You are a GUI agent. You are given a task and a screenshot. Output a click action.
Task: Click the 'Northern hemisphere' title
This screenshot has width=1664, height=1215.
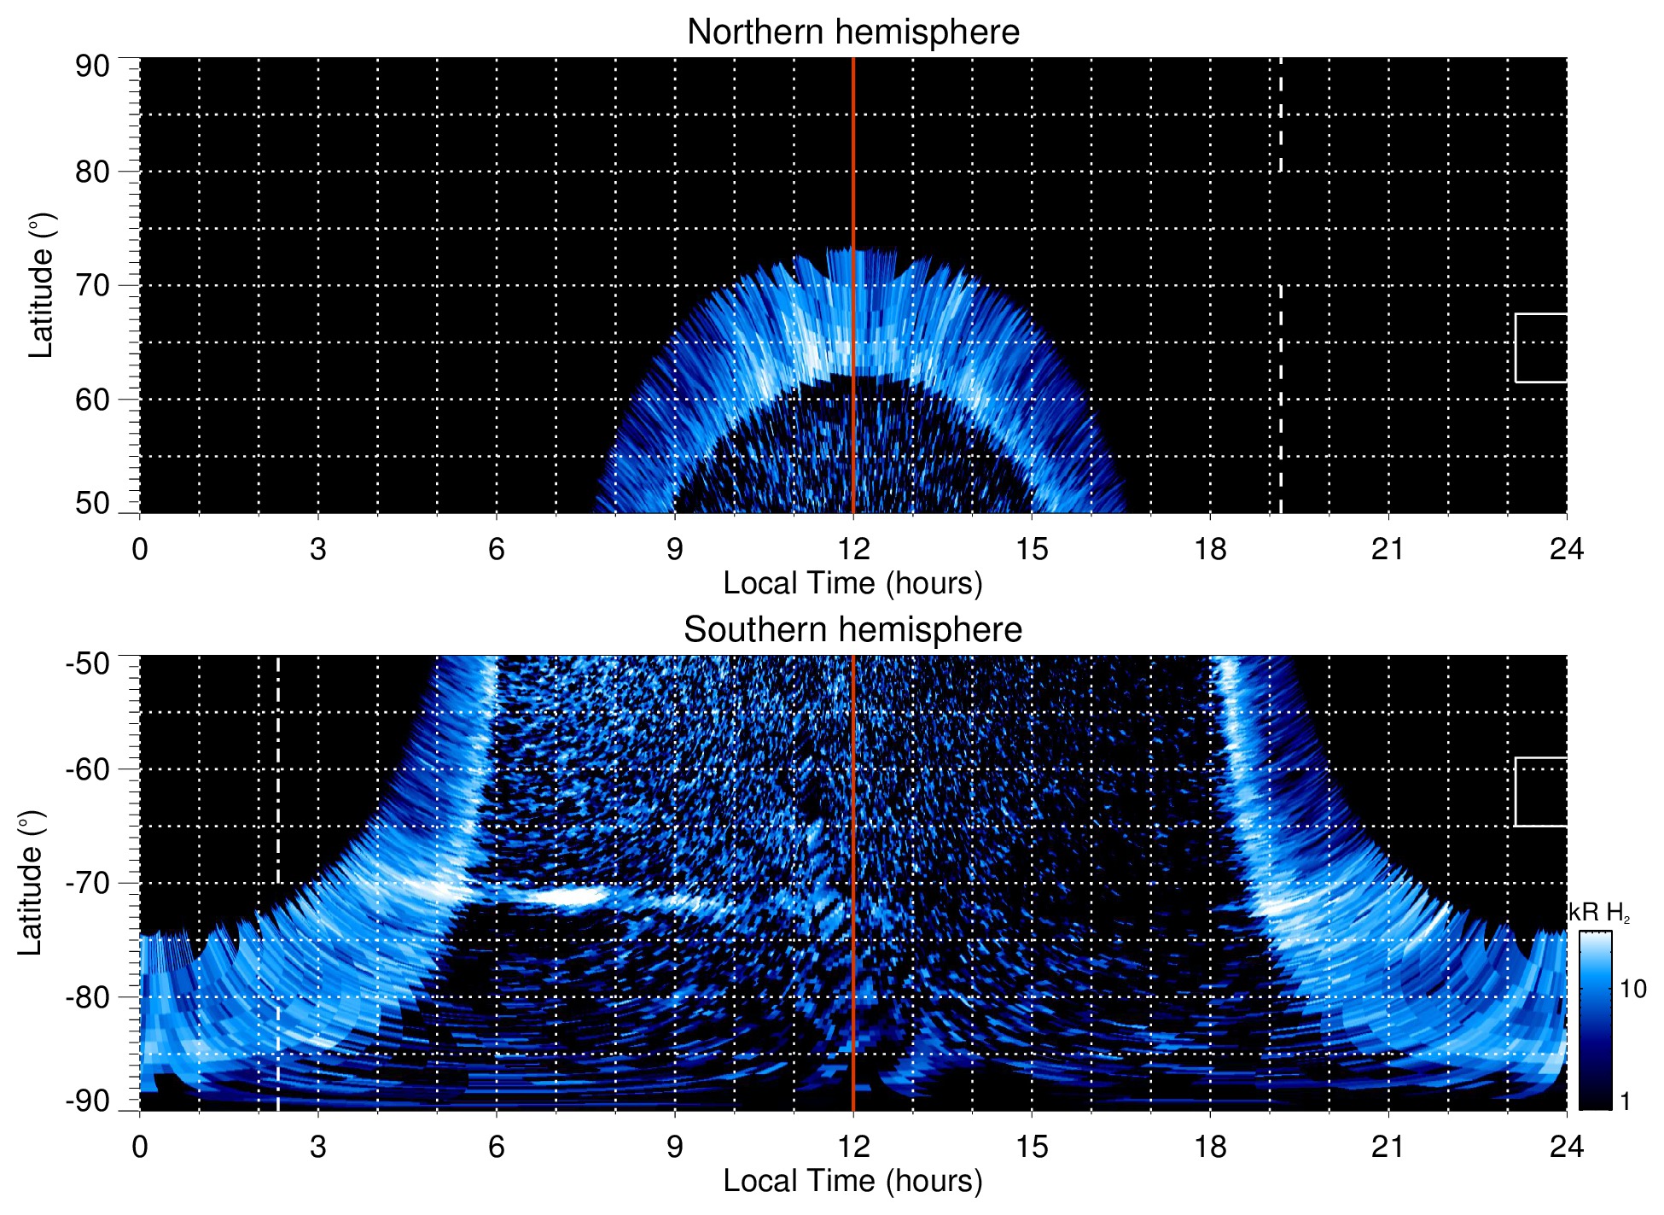[x=852, y=32]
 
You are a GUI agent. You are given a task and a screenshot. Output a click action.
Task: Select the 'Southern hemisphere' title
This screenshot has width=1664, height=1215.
[x=852, y=630]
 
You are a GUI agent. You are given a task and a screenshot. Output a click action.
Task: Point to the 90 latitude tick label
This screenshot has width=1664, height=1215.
[x=92, y=67]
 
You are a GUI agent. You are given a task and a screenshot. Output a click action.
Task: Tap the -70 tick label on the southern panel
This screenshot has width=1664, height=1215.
[x=88, y=883]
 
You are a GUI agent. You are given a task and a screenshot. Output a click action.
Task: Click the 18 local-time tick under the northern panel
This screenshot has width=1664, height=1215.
[x=1210, y=549]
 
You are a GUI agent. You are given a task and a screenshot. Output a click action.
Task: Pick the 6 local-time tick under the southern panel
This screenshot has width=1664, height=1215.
[x=497, y=1147]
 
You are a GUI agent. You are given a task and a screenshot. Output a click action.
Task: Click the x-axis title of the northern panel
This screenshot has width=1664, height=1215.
[x=852, y=583]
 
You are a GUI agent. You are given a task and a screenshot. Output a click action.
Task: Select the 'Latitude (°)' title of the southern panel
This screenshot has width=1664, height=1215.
[x=31, y=883]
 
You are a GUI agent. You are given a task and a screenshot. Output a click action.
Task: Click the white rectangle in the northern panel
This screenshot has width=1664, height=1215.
[x=1541, y=348]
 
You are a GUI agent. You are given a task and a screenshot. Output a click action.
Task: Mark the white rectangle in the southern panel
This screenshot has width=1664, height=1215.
[x=1541, y=792]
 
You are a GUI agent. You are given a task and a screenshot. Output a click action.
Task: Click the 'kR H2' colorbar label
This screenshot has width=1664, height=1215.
[x=1599, y=913]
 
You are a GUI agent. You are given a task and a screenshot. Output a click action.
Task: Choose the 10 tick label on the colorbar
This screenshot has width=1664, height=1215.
[x=1632, y=990]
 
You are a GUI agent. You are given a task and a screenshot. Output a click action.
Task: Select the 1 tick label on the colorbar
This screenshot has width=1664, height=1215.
[x=1625, y=1101]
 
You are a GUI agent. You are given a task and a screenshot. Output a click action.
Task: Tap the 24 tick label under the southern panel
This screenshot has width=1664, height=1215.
[x=1567, y=1147]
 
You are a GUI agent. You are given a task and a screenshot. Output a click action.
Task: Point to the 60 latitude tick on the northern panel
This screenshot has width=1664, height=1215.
[x=92, y=400]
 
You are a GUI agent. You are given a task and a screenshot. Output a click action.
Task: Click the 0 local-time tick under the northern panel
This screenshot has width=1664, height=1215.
[x=140, y=549]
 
